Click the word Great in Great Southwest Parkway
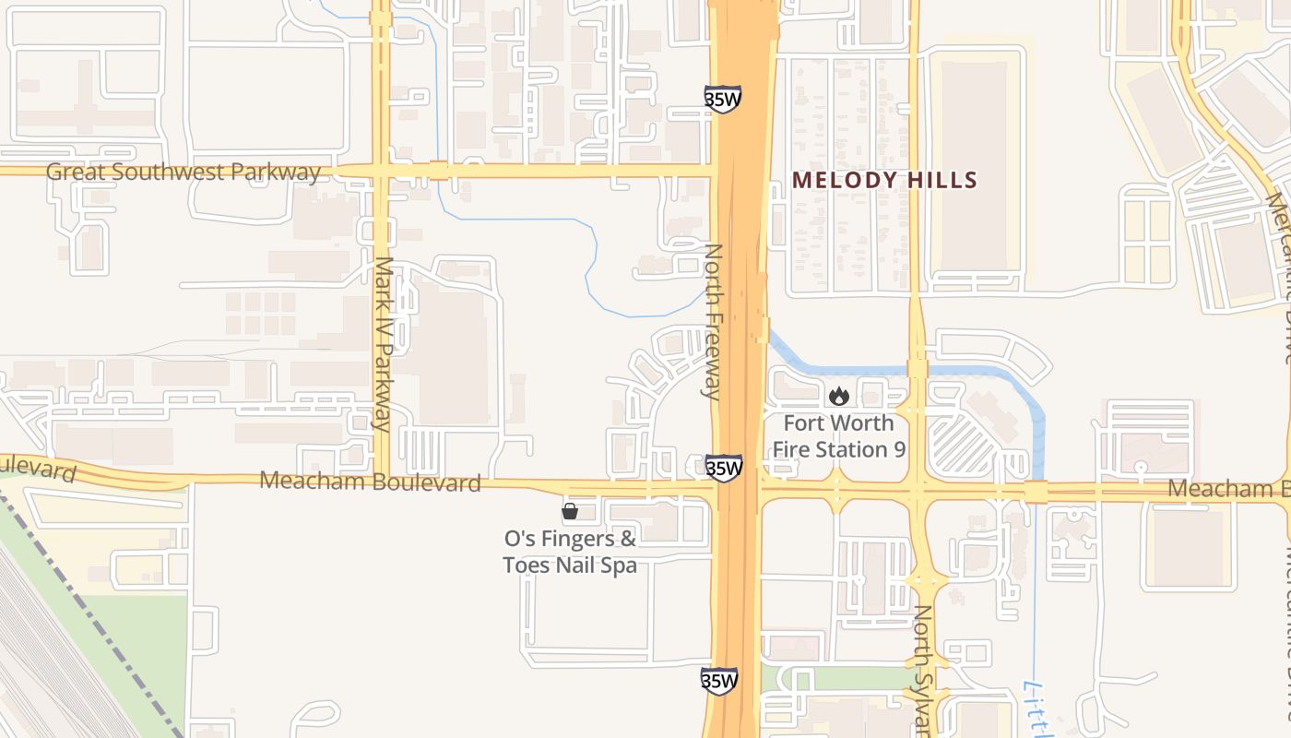pyautogui.click(x=73, y=172)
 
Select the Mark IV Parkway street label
pyautogui.click(x=385, y=343)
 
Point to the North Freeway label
pyautogui.click(x=712, y=321)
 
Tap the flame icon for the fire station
pyautogui.click(x=838, y=397)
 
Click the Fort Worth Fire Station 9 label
pyautogui.click(x=838, y=436)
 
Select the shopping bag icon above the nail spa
pyautogui.click(x=570, y=510)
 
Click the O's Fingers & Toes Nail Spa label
pyautogui.click(x=570, y=551)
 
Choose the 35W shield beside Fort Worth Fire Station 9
pyautogui.click(x=724, y=468)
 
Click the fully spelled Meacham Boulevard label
pyautogui.click(x=371, y=481)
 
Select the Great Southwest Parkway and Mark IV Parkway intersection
pyautogui.click(x=381, y=171)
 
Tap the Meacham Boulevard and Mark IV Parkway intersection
pyautogui.click(x=381, y=479)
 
